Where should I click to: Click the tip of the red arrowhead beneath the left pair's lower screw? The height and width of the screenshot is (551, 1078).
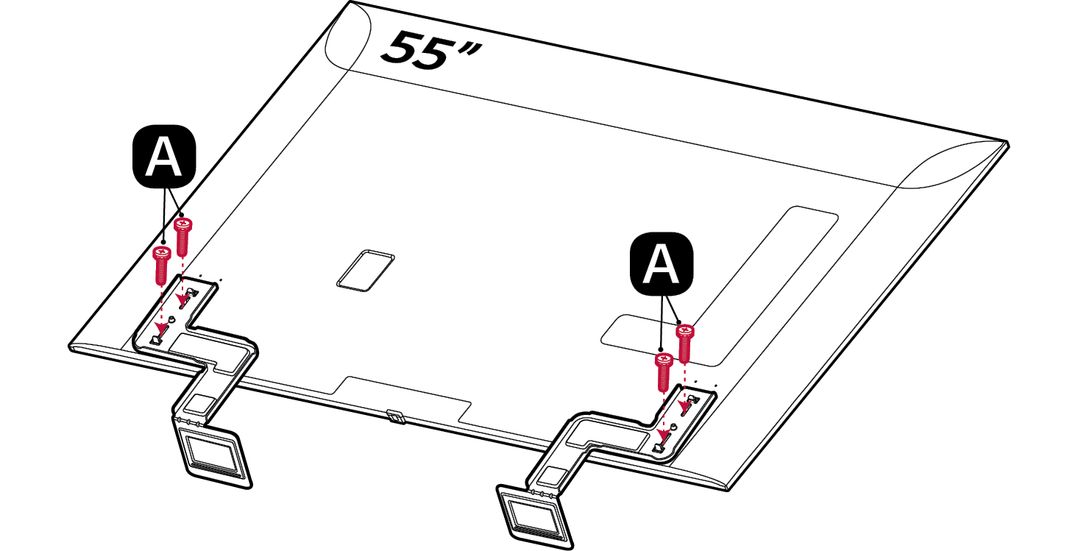160,333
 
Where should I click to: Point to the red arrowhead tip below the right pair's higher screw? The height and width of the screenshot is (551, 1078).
684,415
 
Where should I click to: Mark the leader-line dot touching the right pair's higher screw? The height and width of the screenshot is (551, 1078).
679,322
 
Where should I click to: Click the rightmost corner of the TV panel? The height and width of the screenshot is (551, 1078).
1009,143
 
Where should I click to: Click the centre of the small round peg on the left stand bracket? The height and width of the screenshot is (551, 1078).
173,319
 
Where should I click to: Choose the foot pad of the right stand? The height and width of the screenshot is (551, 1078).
535,516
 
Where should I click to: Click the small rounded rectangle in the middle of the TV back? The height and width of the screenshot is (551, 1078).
366,271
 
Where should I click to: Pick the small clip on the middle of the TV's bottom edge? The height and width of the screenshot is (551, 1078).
395,416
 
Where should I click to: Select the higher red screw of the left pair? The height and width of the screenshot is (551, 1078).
182,237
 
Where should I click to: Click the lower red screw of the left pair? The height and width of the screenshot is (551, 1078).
162,265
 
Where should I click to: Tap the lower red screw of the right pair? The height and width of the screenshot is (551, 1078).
664,372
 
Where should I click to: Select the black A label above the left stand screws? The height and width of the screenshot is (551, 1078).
164,157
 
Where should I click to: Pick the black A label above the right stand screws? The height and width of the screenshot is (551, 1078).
662,263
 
